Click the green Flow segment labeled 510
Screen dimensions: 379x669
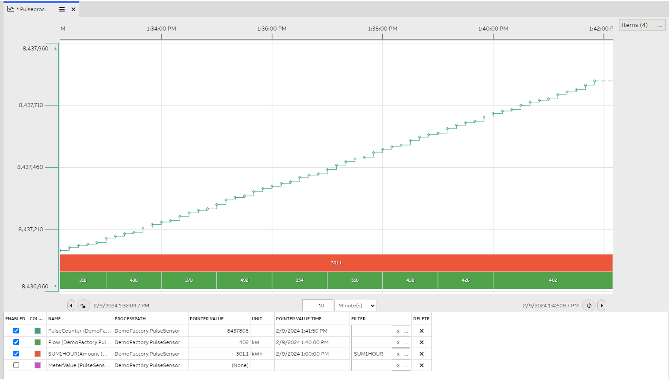355,280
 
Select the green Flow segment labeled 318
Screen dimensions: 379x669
83,280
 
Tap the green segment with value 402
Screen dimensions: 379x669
553,280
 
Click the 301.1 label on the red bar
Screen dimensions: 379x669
336,263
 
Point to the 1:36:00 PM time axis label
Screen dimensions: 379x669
272,29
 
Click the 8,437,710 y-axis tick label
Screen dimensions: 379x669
31,105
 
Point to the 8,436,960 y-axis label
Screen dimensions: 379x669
35,287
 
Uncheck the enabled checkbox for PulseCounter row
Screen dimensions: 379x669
16,331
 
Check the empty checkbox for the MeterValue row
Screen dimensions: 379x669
16,365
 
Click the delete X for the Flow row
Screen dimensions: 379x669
422,342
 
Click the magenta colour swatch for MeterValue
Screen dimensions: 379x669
38,365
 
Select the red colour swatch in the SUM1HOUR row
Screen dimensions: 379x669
38,354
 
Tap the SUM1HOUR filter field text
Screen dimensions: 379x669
369,354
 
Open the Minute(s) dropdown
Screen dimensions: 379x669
356,306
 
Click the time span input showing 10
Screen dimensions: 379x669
318,306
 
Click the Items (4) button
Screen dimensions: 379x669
642,25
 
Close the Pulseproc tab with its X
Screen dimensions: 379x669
73,9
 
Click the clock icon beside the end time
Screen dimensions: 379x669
589,306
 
